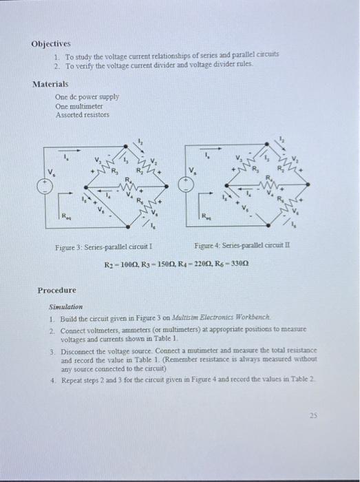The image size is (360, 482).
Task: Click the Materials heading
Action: point(50,84)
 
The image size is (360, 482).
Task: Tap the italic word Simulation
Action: point(65,306)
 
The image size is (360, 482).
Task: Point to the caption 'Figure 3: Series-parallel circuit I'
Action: point(103,247)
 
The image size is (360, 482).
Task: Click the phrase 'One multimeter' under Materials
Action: point(78,107)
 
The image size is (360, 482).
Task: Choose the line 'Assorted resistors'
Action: point(82,115)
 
